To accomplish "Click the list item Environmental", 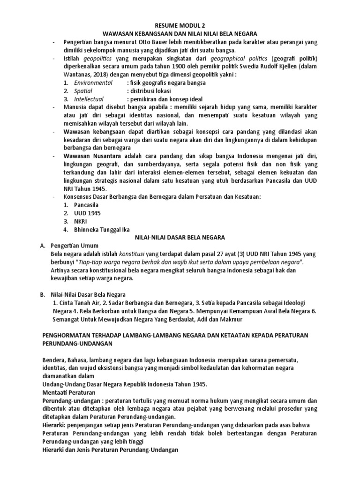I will [x=93, y=82].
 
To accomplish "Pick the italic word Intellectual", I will [x=89, y=99].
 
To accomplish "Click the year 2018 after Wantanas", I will [x=100, y=74].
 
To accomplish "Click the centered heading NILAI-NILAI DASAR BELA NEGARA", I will [x=180, y=237].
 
